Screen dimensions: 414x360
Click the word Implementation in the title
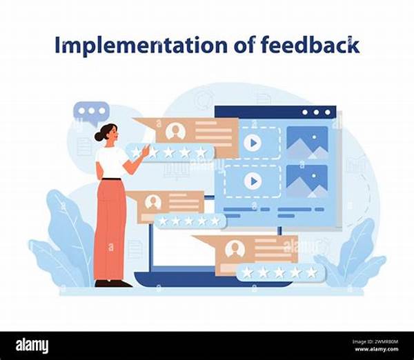(141, 46)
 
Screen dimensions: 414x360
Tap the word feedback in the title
(310, 44)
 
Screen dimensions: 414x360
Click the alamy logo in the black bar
(32, 346)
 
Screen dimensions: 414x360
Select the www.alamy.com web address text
(380, 349)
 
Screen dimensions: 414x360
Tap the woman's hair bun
(99, 136)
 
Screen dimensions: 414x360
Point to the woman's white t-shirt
(111, 162)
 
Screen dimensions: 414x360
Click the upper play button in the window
(253, 143)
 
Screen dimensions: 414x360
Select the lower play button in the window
(253, 181)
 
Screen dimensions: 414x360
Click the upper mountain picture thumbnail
(307, 143)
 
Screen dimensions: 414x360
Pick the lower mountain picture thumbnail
(307, 181)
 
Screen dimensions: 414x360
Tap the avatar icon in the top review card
(175, 131)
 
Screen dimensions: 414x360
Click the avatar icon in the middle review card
(153, 202)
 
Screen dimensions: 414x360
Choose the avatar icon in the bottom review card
(235, 249)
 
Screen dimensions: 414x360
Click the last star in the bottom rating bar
(312, 272)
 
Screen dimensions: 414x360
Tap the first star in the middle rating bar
(163, 221)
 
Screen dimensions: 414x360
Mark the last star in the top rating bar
(201, 152)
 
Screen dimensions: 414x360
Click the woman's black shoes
(113, 283)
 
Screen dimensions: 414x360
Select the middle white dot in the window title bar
(316, 112)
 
